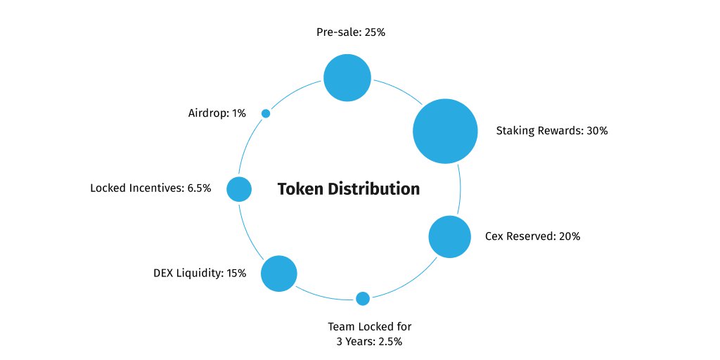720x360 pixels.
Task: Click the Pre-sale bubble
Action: point(347,78)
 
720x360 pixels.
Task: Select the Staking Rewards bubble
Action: point(446,131)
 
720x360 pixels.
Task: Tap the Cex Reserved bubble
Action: point(449,237)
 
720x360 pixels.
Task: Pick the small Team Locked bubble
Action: point(363,298)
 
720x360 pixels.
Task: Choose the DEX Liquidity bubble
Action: point(279,273)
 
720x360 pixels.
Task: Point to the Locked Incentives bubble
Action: point(239,188)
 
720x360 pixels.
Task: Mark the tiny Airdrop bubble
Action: point(266,113)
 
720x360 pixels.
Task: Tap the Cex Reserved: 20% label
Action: point(532,236)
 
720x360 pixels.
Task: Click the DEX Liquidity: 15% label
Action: point(200,273)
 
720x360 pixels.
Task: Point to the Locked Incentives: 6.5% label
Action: point(150,188)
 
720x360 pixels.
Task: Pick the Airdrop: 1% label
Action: point(217,112)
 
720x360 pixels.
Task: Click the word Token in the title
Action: point(300,189)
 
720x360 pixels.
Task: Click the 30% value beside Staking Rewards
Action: point(596,131)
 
